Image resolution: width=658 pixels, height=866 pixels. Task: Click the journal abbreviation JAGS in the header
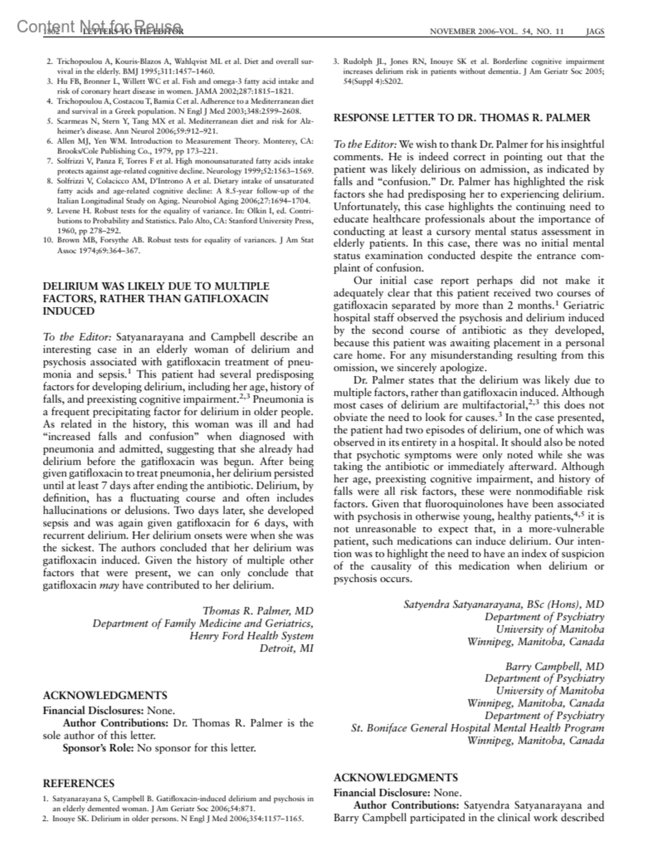[595, 31]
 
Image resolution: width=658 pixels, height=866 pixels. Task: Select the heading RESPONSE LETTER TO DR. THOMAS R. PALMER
[462, 117]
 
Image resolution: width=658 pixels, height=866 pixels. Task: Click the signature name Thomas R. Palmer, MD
[258, 611]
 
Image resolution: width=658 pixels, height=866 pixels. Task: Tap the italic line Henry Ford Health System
[251, 636]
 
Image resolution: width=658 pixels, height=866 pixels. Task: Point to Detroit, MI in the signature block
[286, 649]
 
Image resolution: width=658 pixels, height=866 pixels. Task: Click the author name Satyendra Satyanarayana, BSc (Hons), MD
[503, 604]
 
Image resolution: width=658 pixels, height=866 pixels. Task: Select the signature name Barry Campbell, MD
[554, 666]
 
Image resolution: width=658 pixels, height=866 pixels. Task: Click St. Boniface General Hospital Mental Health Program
[477, 728]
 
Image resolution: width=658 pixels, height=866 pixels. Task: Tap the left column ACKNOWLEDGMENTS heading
[105, 695]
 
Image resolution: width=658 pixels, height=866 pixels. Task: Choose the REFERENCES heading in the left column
[78, 783]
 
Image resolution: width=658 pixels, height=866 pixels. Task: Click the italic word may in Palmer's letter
[109, 585]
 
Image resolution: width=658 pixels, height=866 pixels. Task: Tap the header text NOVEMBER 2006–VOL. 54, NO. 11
[497, 31]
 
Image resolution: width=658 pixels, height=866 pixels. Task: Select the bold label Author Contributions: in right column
[406, 805]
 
